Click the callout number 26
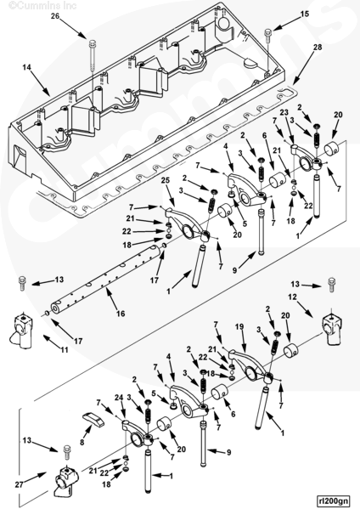[55, 15]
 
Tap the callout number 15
[305, 14]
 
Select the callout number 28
[318, 47]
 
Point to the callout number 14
[27, 67]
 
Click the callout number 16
[121, 314]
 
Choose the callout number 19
[239, 327]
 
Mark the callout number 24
[119, 398]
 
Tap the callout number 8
[82, 442]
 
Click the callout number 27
[20, 484]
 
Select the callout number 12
[293, 297]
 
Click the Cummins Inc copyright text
[42, 5]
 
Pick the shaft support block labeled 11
[20, 330]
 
